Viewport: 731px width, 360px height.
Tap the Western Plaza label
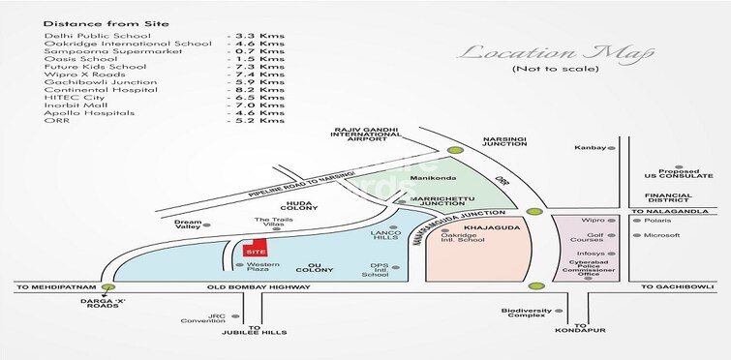pyautogui.click(x=257, y=266)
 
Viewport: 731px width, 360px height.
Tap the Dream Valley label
pyautogui.click(x=189, y=225)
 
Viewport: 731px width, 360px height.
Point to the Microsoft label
pyautogui.click(x=662, y=234)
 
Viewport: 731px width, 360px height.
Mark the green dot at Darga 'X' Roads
pyautogui.click(x=111, y=287)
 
